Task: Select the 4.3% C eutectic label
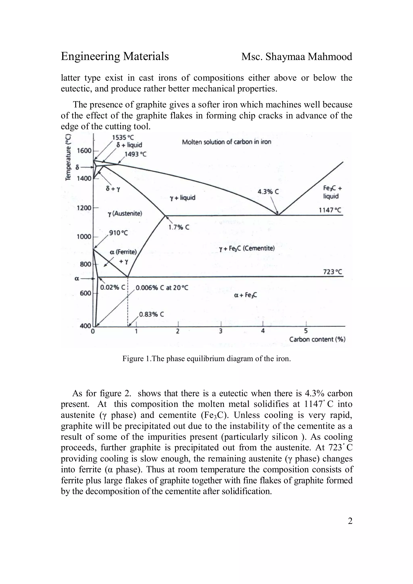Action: point(268,191)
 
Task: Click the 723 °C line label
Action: point(333,272)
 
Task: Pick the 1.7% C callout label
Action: point(179,227)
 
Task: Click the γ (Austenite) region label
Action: point(125,213)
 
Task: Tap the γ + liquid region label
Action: point(183,198)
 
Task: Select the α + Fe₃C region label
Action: point(245,295)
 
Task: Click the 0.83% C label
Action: point(151,314)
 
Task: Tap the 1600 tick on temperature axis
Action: point(84,151)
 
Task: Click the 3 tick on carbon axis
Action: point(220,331)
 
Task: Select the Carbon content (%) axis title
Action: point(317,340)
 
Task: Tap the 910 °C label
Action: point(118,233)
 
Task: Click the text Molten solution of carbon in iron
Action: point(226,142)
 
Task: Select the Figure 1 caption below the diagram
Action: point(206,359)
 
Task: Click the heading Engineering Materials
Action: point(115,56)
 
